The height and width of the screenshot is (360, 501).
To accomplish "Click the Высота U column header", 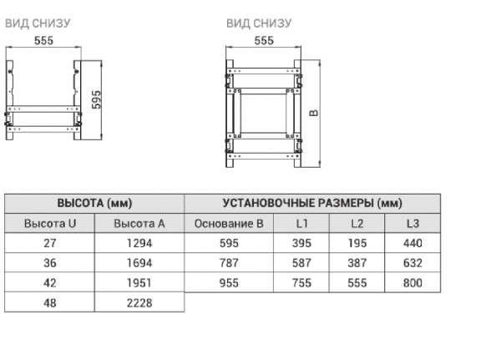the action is click(x=50, y=223).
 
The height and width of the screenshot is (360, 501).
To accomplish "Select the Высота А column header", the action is click(x=139, y=223).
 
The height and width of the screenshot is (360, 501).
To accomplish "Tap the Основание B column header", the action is click(x=229, y=223).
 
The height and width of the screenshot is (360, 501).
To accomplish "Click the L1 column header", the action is click(x=301, y=223).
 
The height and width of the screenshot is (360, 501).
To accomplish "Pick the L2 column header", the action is click(x=357, y=223).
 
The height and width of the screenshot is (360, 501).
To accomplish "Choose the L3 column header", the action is click(x=412, y=223).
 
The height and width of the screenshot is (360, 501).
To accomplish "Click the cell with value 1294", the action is click(x=139, y=243).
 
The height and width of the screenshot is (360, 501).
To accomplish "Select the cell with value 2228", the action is click(x=139, y=302).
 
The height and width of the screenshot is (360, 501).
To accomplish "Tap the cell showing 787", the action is click(x=229, y=263).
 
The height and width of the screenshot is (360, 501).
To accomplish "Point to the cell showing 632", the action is click(x=412, y=263).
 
